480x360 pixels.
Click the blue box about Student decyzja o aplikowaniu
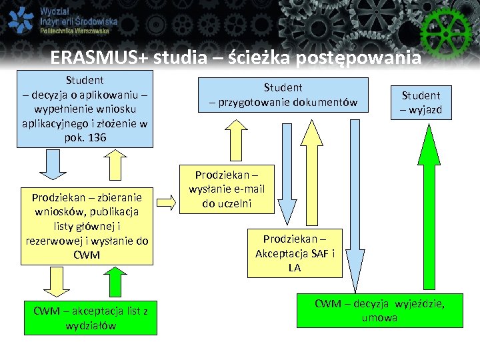pyautogui.click(x=85, y=108)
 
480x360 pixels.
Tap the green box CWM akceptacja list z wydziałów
pyautogui.click(x=90, y=317)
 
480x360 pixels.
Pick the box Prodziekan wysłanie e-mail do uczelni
pyautogui.click(x=226, y=189)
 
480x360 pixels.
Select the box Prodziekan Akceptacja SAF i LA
pyautogui.click(x=295, y=253)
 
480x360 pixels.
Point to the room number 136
pyautogui.click(x=96, y=137)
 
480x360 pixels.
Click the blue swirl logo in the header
pyautogui.click(x=20, y=20)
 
